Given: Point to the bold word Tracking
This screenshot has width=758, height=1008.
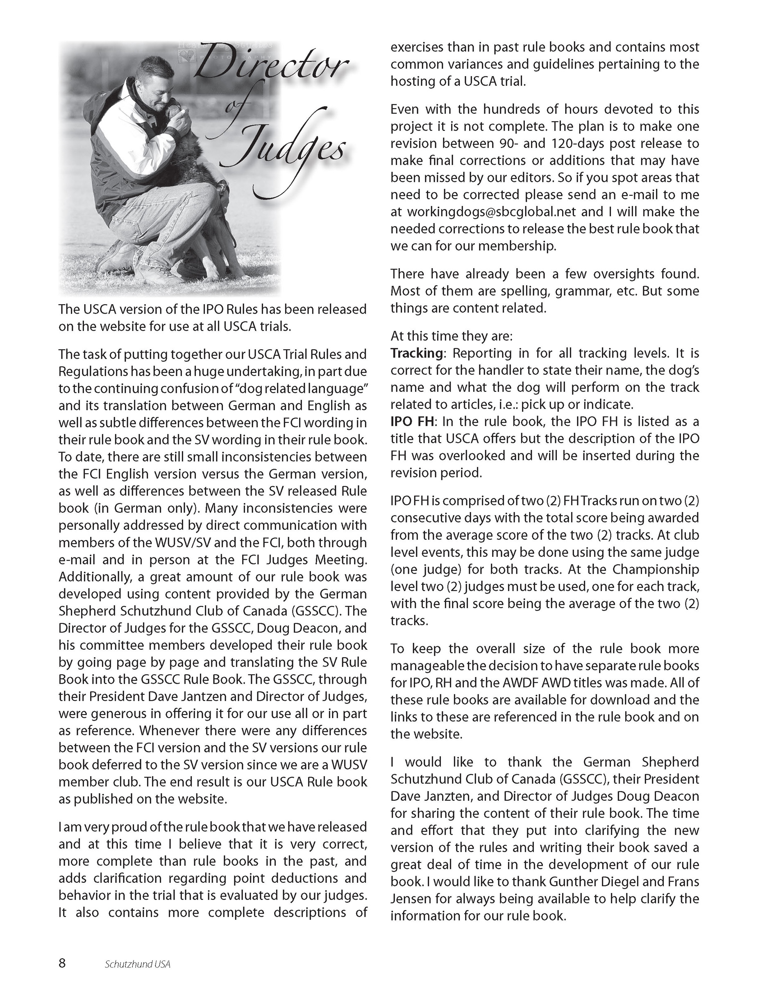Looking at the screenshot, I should [x=416, y=353].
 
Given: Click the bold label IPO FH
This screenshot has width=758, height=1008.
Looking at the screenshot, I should [x=412, y=422].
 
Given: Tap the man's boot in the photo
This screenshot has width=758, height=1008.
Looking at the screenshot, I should [x=118, y=255].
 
